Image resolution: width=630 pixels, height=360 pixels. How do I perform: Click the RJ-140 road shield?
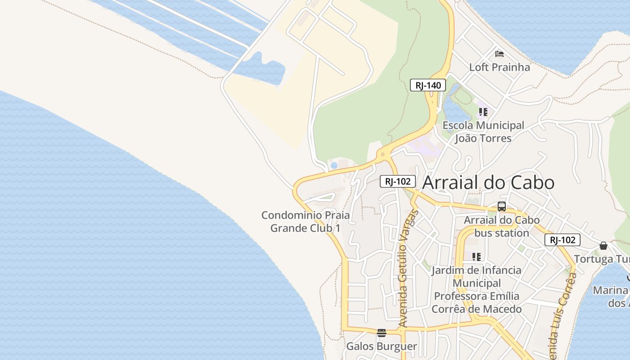[x=427, y=85]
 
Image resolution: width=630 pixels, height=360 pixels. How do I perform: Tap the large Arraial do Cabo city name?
[x=488, y=183]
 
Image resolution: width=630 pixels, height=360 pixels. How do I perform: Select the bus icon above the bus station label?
[x=502, y=207]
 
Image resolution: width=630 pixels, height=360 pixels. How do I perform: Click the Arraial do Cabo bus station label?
[x=502, y=227]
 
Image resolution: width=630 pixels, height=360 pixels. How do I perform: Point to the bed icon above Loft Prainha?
[x=499, y=54]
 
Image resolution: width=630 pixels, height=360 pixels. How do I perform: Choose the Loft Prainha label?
[x=499, y=67]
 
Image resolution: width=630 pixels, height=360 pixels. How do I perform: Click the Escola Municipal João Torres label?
[x=483, y=132]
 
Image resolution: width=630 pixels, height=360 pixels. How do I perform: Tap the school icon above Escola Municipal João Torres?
[x=483, y=112]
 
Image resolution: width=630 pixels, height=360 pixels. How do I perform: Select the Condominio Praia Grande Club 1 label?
[x=306, y=221]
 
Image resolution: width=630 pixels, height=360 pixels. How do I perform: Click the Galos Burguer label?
[x=382, y=346]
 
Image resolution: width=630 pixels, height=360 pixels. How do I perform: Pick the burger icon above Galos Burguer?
[x=382, y=333]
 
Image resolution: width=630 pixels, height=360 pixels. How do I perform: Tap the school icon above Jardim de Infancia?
[x=477, y=256]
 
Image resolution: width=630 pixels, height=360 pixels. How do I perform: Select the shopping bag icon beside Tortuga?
[x=603, y=246]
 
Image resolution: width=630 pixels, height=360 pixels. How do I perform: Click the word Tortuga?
[x=594, y=259]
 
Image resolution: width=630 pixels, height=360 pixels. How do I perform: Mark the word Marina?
[x=610, y=290]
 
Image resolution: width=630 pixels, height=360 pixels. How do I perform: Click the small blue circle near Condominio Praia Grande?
[x=334, y=166]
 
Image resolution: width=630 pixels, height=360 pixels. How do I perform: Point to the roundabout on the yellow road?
[x=382, y=155]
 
